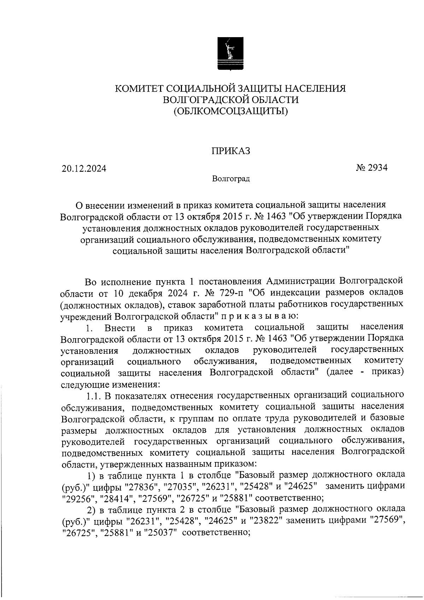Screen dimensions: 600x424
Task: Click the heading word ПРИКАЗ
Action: [231, 151]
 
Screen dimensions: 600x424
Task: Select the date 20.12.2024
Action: [84, 169]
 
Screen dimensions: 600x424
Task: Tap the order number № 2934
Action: [371, 167]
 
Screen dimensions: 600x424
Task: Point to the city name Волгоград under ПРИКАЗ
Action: [231, 179]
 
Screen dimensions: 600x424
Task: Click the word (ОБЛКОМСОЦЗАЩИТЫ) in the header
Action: [231, 112]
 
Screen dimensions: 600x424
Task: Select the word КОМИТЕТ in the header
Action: [139, 88]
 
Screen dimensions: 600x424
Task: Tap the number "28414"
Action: [116, 498]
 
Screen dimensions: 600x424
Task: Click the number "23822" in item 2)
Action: [264, 521]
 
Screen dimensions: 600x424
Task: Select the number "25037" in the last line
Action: [158, 533]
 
